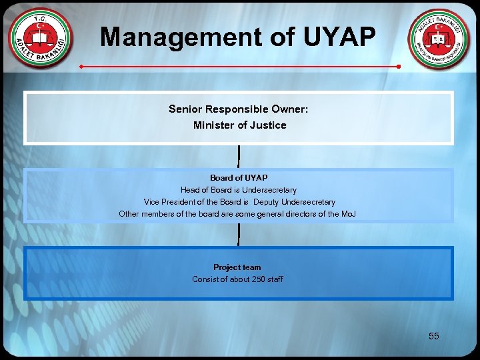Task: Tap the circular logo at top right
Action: tap(439, 40)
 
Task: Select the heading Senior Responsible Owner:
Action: tap(239, 109)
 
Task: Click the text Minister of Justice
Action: tap(239, 125)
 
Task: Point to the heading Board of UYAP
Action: tap(239, 178)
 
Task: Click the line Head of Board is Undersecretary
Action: tap(239, 190)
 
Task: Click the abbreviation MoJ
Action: tap(349, 214)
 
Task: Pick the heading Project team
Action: tap(237, 267)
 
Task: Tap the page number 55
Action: tap(434, 336)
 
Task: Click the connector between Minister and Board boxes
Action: tap(239, 156)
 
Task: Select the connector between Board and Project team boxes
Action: tap(239, 234)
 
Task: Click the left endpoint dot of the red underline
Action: tap(81, 67)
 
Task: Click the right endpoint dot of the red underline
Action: tap(398, 67)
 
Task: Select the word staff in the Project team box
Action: tap(274, 279)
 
